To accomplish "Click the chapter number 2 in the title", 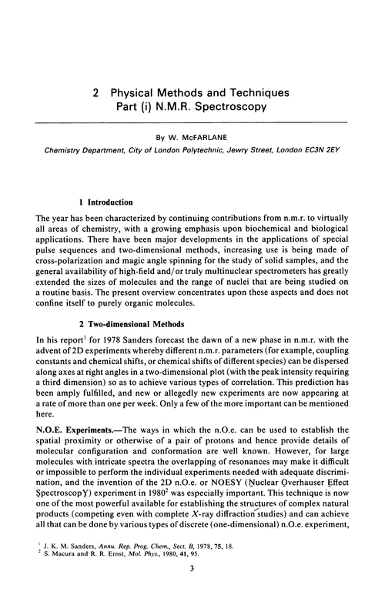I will pos(95,92).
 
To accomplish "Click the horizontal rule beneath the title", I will pos(192,124).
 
